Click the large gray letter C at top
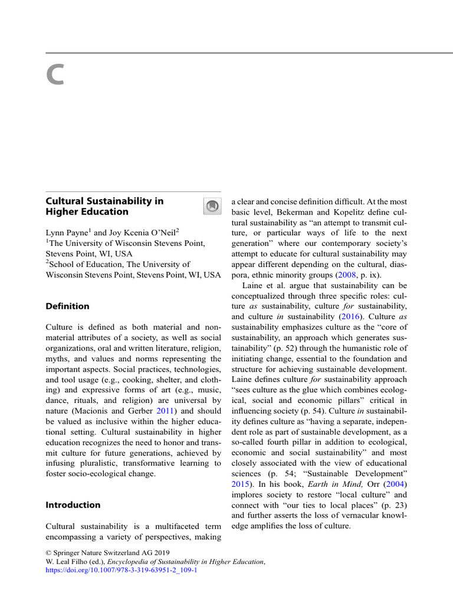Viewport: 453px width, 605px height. [x=54, y=75]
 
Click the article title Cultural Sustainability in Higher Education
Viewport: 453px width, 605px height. [x=104, y=206]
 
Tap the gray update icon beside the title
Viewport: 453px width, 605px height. [x=211, y=206]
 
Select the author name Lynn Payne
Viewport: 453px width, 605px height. [x=67, y=233]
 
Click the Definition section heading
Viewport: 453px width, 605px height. [x=68, y=306]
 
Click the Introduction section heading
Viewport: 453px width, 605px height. [x=73, y=505]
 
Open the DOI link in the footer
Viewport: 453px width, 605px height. [x=121, y=572]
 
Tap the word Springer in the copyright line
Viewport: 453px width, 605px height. [x=71, y=553]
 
